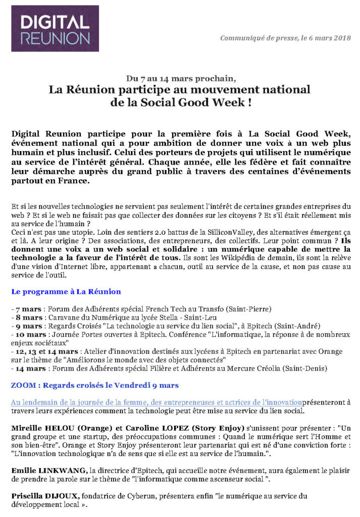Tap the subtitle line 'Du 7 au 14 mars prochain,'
coord(180,78)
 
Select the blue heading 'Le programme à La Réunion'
coord(66,291)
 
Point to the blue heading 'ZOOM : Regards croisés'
coord(94,385)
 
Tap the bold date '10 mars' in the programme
coord(29,335)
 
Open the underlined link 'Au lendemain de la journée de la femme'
coord(157,402)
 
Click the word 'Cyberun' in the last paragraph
coord(141,496)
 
